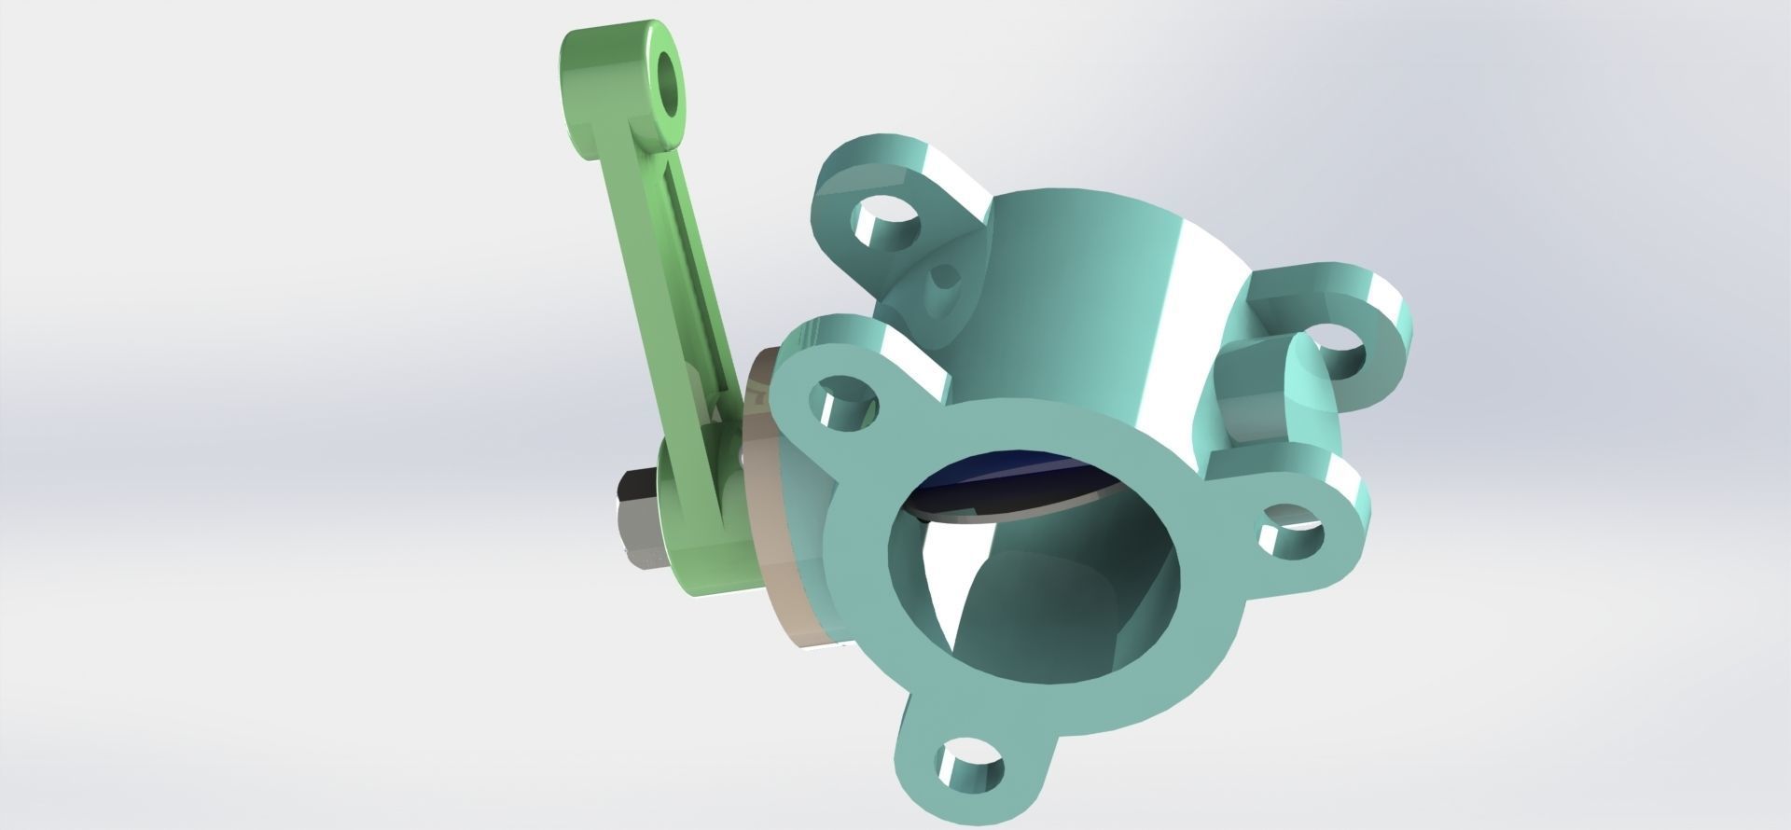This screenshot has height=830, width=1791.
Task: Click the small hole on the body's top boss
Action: coord(942,277)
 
